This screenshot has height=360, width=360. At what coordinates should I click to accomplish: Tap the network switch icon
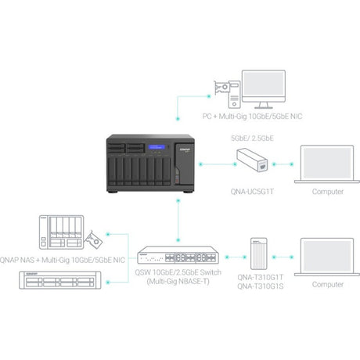pyautogui.click(x=178, y=256)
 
